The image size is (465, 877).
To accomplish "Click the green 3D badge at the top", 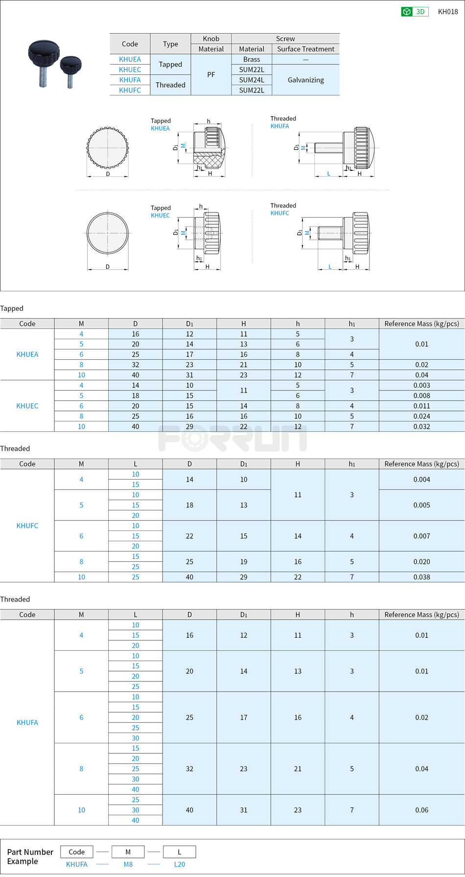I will click(x=415, y=12).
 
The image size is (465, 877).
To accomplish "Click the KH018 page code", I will click(x=447, y=12).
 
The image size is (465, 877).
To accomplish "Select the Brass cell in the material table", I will click(x=252, y=59).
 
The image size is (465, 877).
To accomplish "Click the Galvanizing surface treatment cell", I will click(x=305, y=80).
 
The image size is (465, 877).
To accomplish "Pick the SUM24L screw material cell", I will click(x=252, y=80).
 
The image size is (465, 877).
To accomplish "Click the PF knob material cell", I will click(x=211, y=74).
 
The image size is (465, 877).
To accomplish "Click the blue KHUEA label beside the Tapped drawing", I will click(x=160, y=128).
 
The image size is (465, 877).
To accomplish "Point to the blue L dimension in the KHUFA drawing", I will click(x=328, y=174).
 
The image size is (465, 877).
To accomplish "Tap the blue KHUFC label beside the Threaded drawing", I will click(x=279, y=213).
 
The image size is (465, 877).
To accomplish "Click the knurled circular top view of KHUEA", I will click(x=108, y=147).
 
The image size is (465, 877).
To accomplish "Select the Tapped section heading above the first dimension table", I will click(x=12, y=308).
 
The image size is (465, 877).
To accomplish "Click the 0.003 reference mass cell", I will click(x=421, y=385).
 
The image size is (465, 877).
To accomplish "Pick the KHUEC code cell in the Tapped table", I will click(x=27, y=406).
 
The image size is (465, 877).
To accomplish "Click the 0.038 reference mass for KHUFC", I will click(x=421, y=577).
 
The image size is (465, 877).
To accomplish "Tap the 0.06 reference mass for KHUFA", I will click(x=421, y=810).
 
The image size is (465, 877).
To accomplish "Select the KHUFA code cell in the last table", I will click(x=27, y=722).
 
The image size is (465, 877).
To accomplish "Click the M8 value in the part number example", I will click(x=128, y=864).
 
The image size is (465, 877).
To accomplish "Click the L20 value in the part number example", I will click(x=179, y=864).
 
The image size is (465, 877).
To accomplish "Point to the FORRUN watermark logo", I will click(x=232, y=438).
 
